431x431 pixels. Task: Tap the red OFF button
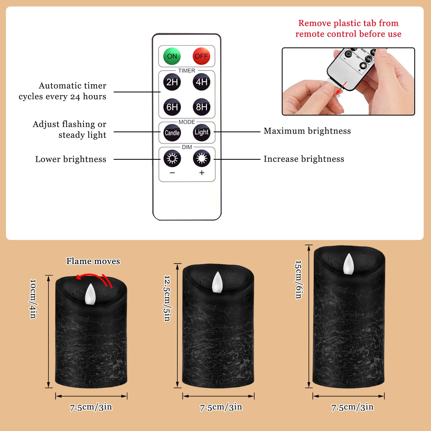point(201,56)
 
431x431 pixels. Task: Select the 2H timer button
point(172,82)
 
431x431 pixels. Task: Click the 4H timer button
point(201,82)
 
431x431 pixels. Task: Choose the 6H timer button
point(172,107)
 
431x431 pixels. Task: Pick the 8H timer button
point(201,107)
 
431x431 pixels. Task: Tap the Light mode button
point(201,132)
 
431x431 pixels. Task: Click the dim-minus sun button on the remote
point(172,158)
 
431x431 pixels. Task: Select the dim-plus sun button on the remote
point(201,158)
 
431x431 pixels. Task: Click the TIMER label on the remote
point(186,71)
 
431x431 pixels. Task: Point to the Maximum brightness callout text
point(307,131)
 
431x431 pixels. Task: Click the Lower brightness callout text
point(71,159)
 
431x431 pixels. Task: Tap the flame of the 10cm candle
point(90,294)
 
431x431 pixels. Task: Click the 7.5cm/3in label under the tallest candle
point(352,407)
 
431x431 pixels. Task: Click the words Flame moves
point(93,261)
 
